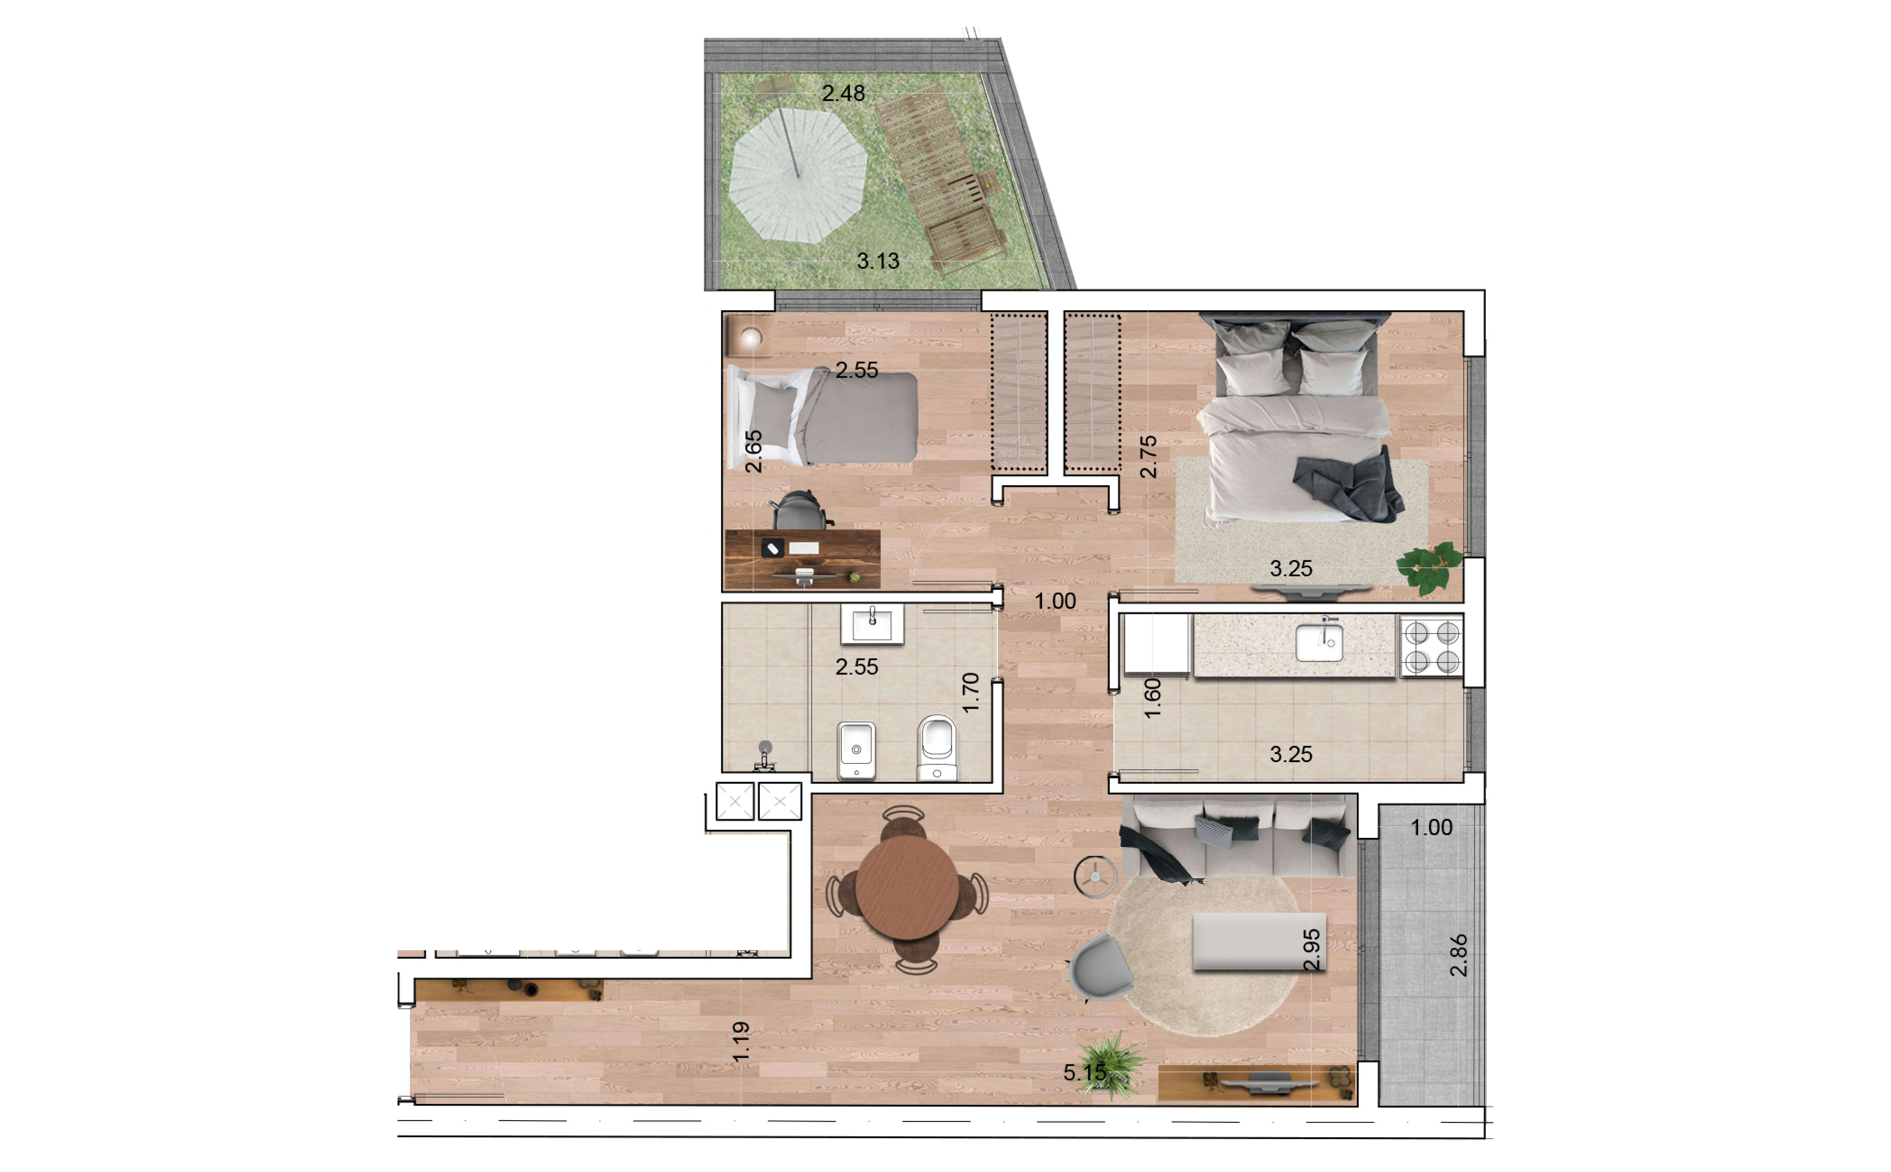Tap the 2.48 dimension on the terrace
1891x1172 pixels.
[843, 94]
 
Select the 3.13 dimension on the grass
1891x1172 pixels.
[878, 261]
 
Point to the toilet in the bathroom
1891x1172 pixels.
[937, 748]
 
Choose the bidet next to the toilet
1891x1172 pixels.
[856, 750]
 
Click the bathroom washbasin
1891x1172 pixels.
[872, 625]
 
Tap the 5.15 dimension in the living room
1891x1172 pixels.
[1084, 1073]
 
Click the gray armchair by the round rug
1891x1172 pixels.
[1099, 967]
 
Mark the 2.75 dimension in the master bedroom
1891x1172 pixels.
[1149, 457]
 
